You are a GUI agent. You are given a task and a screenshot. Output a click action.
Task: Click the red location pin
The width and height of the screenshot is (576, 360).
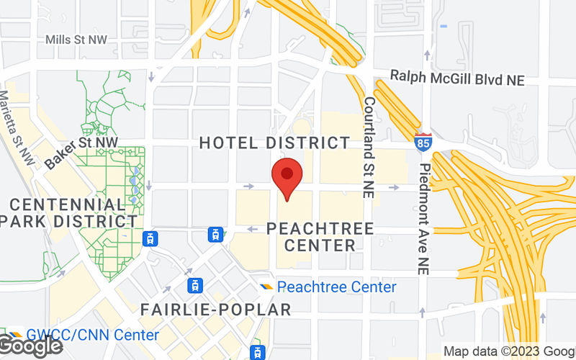click(287, 178)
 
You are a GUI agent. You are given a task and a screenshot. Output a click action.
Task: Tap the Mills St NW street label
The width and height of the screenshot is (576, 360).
click(76, 40)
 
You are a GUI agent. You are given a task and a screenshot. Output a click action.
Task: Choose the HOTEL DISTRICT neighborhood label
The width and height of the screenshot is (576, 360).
click(274, 143)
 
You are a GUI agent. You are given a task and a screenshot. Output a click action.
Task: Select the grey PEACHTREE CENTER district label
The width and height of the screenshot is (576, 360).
click(320, 237)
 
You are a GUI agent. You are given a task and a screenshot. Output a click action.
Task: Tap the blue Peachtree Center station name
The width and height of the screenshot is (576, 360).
click(336, 287)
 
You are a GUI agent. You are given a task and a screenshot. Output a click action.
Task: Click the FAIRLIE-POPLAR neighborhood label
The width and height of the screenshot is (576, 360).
click(215, 310)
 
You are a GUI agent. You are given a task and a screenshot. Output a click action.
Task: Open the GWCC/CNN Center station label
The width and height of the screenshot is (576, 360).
click(92, 336)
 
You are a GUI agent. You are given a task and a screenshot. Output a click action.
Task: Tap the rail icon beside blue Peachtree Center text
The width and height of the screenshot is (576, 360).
click(267, 287)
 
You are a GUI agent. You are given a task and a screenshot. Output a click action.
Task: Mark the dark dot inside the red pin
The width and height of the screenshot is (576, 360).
click(287, 173)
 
